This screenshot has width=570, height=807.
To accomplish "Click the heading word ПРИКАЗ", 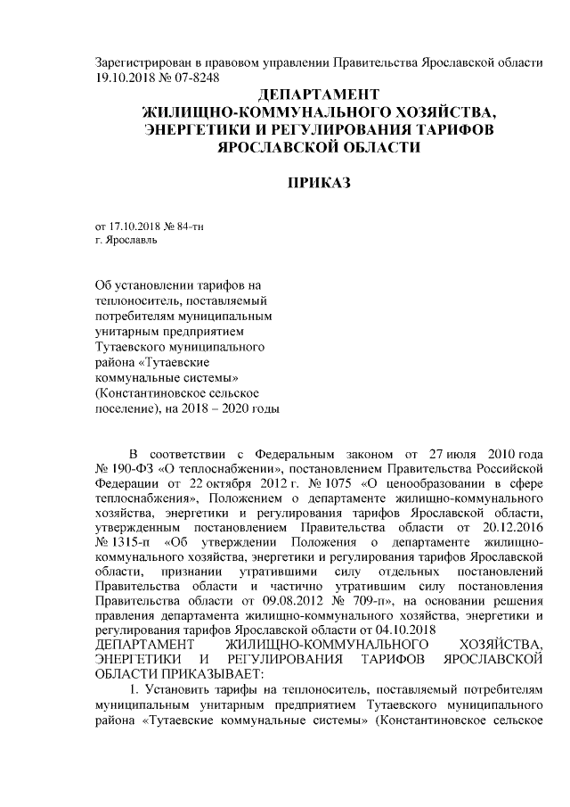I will point(318,183).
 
